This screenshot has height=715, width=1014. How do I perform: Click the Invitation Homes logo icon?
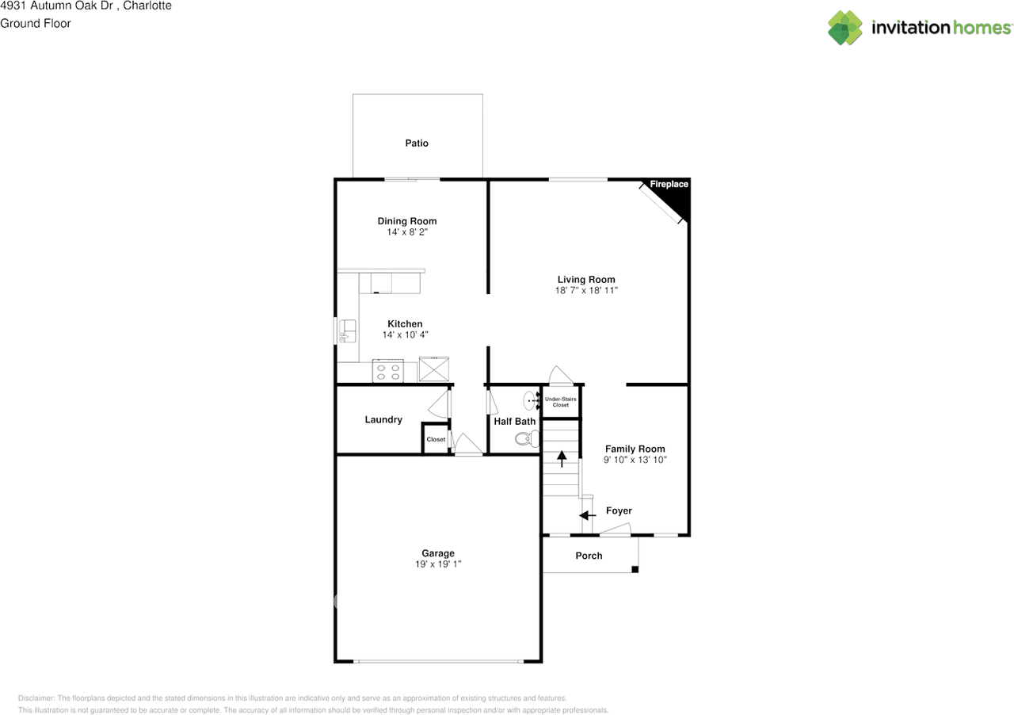844,28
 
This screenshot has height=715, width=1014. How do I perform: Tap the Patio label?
417,143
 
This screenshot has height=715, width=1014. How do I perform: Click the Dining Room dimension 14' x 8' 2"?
407,232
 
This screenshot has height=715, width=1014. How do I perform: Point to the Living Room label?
586,279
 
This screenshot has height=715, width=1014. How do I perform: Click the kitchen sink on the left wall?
346,331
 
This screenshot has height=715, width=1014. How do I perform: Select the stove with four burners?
388,371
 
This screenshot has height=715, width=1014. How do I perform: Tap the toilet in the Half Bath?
525,438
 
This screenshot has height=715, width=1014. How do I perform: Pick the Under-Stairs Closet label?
561,402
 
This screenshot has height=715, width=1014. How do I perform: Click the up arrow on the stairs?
562,458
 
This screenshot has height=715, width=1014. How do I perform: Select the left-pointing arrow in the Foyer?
587,516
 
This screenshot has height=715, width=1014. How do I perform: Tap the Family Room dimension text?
635,460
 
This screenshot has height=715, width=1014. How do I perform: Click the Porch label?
589,556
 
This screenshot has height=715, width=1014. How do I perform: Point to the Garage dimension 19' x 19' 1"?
438,564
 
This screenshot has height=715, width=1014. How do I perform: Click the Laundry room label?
383,419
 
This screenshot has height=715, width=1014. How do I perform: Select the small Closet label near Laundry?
436,439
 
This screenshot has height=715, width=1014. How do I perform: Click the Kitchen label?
405,323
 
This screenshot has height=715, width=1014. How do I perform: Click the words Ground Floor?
36,23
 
